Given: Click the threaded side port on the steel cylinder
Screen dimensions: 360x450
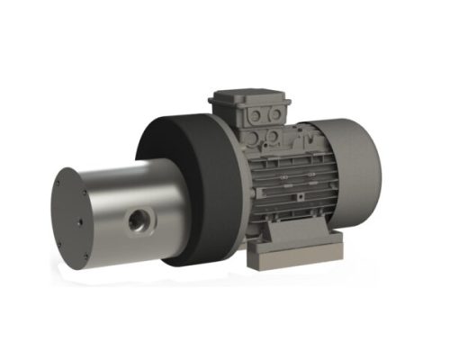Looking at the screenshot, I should (x=139, y=219).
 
